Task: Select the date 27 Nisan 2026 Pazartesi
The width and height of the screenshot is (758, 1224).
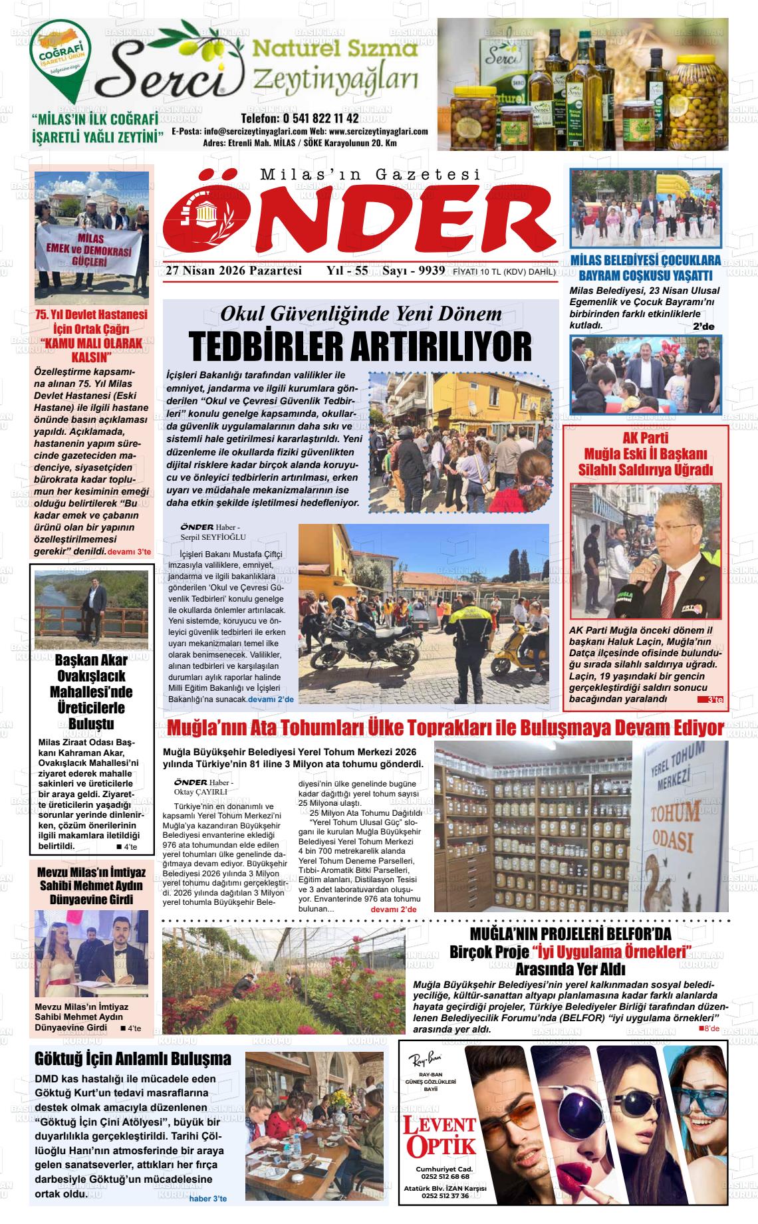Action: [234, 271]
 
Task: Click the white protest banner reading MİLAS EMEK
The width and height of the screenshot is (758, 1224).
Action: [90, 251]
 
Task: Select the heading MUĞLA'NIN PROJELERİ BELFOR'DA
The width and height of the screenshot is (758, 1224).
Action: [570, 932]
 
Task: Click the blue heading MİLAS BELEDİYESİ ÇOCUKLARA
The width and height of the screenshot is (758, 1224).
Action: [645, 261]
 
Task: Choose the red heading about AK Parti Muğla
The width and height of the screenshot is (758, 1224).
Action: [644, 453]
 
